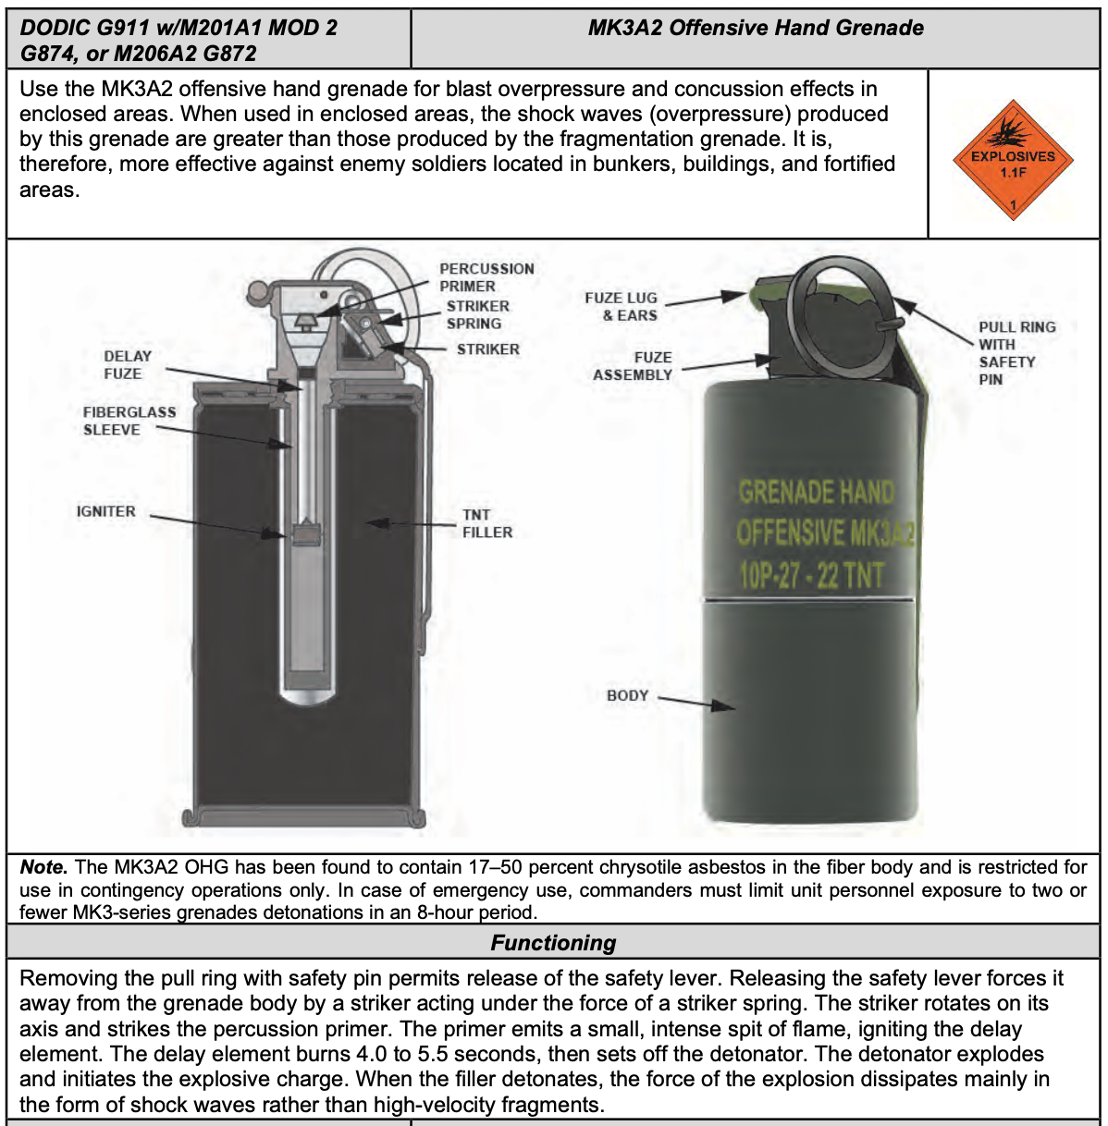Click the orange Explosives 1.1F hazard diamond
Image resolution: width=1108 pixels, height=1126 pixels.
(1013, 162)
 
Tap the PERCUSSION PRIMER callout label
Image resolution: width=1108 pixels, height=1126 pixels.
(486, 277)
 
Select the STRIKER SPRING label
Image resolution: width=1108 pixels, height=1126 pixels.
(477, 314)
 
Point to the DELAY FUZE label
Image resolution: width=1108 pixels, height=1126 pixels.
(128, 364)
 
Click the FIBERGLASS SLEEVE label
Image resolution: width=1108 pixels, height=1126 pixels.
(129, 421)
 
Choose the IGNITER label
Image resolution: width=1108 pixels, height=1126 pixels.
(105, 511)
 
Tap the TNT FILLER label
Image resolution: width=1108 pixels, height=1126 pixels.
(486, 523)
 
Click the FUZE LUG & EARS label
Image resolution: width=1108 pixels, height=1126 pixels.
(621, 306)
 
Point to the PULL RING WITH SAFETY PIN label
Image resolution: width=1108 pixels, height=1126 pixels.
(1016, 352)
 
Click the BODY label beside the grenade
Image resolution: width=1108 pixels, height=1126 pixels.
(627, 695)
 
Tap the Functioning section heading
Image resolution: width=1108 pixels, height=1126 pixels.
(553, 942)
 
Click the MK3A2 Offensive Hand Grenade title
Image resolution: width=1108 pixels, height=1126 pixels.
(756, 28)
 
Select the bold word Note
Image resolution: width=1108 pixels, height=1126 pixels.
(43, 867)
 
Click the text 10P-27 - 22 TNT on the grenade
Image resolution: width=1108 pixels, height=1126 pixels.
(812, 575)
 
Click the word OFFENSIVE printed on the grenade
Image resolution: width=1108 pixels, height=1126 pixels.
(791, 533)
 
